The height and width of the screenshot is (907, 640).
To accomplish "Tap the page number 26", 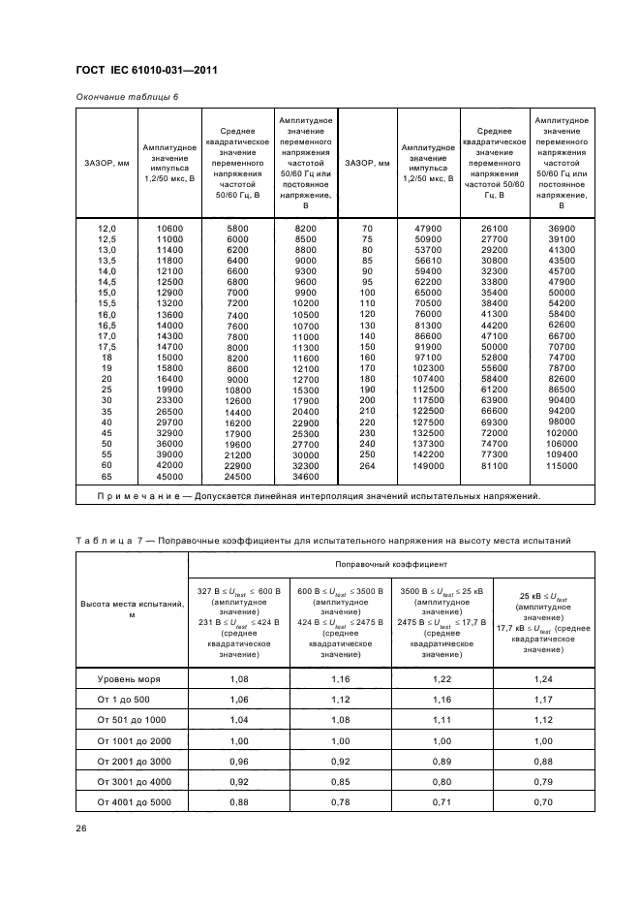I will (x=81, y=828).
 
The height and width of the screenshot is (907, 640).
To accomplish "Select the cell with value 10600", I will (x=169, y=227).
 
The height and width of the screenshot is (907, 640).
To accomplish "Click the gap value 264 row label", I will (x=367, y=466).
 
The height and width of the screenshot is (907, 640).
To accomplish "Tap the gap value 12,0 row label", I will (x=107, y=227).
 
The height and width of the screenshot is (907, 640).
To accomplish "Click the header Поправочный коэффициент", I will (x=391, y=563).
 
